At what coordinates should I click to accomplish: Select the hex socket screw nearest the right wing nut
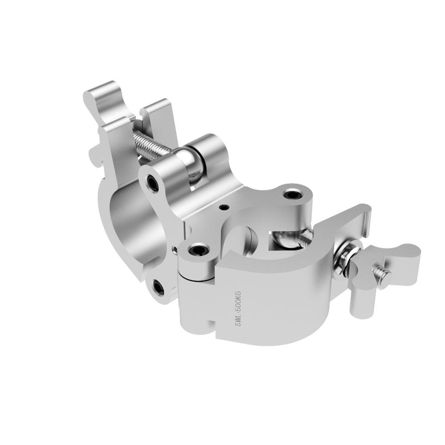[292, 194]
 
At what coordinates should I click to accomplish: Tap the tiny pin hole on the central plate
[223, 208]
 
